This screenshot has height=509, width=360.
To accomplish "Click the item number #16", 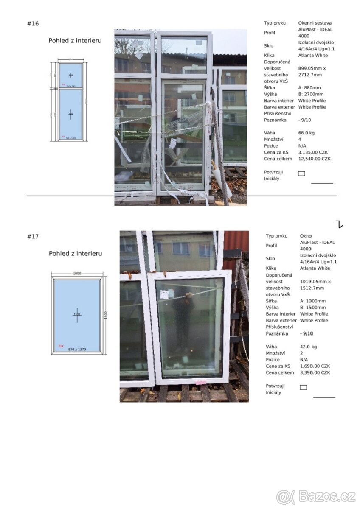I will point(33,24).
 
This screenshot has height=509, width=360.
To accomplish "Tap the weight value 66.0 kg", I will point(307,133).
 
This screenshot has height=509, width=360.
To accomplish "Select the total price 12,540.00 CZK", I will point(314,159).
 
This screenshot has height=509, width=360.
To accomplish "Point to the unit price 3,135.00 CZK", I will point(313,152).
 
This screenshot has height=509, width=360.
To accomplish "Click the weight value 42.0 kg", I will point(308,347).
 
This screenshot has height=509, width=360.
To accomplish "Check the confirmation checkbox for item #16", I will point(301,173).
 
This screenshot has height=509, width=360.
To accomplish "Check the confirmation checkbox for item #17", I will point(303,387).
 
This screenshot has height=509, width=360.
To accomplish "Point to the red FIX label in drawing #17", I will point(61,346).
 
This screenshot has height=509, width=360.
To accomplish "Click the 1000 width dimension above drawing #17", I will point(77,273).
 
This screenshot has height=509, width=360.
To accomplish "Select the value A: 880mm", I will point(310,88).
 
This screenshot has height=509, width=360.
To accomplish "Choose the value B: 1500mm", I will point(313,308).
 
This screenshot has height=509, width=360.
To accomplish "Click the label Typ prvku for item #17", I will point(276,236).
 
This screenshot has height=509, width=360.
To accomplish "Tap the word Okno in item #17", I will point(306,236).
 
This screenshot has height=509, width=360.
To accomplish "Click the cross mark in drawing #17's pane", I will point(77,315).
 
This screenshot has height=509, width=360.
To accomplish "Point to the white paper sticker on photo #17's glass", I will point(165,294).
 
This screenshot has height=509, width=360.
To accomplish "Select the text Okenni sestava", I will point(315,23).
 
